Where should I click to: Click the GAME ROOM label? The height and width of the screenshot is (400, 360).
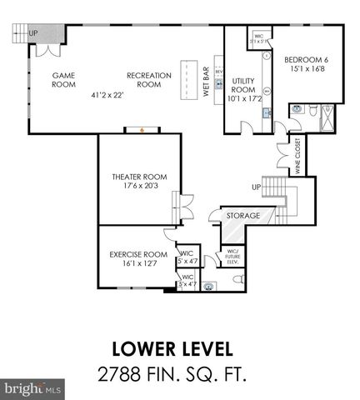pyautogui.click(x=64, y=79)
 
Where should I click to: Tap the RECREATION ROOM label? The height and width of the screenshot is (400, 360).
pyautogui.click(x=148, y=79)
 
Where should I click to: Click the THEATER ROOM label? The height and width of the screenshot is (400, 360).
pyautogui.click(x=140, y=182)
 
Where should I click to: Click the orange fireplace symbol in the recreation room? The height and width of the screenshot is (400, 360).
pyautogui.click(x=142, y=129)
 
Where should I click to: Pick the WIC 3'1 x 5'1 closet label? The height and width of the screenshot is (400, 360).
pyautogui.click(x=258, y=38)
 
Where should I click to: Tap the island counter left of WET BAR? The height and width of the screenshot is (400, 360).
pyautogui.click(x=188, y=80)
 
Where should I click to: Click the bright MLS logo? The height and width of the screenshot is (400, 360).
pyautogui.click(x=32, y=388)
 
